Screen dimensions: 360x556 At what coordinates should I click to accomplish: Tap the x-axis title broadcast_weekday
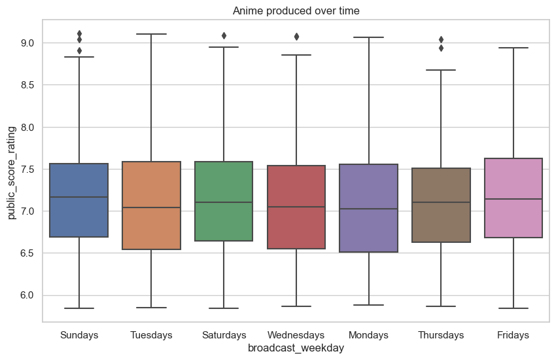click(x=296, y=349)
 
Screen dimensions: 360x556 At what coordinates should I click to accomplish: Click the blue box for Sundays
click(x=79, y=200)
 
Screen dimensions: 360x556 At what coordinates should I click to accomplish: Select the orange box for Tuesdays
click(x=151, y=205)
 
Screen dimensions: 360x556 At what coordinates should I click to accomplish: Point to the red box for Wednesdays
click(x=296, y=207)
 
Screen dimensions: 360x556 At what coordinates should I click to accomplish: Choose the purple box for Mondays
click(x=368, y=207)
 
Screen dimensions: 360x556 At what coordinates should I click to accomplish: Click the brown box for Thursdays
click(x=441, y=205)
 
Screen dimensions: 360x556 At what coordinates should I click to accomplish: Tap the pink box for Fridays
click(x=513, y=198)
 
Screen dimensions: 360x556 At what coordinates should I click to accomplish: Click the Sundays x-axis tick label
click(x=79, y=335)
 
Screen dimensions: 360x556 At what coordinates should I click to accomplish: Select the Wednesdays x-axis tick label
click(x=296, y=335)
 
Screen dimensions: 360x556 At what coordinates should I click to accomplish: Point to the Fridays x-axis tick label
click(x=513, y=335)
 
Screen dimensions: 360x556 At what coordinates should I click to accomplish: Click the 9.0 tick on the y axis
click(x=29, y=43)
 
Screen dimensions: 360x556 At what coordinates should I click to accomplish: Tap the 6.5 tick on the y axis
click(x=29, y=253)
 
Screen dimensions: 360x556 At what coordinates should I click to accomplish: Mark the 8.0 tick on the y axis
click(x=29, y=127)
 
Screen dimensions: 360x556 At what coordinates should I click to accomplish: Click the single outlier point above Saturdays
click(x=224, y=35)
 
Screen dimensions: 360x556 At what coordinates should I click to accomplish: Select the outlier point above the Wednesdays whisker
click(x=296, y=37)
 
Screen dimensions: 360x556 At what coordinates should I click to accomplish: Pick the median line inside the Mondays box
click(x=368, y=209)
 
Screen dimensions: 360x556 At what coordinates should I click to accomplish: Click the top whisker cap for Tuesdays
click(x=151, y=34)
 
